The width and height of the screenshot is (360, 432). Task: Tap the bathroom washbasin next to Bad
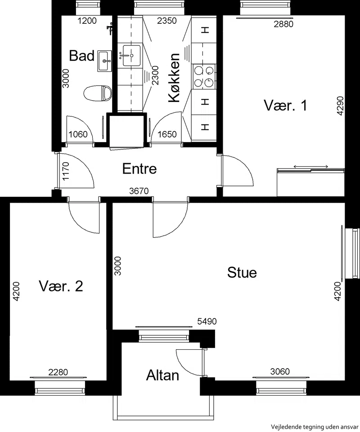pos(105,61)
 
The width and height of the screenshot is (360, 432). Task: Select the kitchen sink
pos(131,55)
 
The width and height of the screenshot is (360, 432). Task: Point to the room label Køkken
pos(174,78)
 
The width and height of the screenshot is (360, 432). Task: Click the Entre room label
pos(139,169)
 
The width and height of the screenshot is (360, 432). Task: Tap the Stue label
pos(242,272)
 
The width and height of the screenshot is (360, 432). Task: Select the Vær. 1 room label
pos(285,105)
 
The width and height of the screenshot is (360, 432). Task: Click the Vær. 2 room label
pos(61,286)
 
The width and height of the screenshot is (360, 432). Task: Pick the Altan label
pos(162,375)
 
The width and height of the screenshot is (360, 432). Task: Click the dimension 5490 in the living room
pos(207,321)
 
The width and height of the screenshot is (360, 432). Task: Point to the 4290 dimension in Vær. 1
pos(341,106)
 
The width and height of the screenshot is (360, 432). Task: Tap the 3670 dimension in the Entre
pos(139,191)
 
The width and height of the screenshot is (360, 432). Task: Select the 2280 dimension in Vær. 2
pos(58,373)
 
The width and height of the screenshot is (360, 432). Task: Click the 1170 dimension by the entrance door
pos(66,171)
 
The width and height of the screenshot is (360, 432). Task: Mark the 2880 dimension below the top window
pos(283,24)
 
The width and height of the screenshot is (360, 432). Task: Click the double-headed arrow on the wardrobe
pos(311,166)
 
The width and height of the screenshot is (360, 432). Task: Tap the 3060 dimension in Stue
pos(280,372)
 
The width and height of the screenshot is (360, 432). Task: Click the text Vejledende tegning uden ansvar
pos(315,427)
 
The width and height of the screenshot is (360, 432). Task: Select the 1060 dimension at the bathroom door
pos(78,134)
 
